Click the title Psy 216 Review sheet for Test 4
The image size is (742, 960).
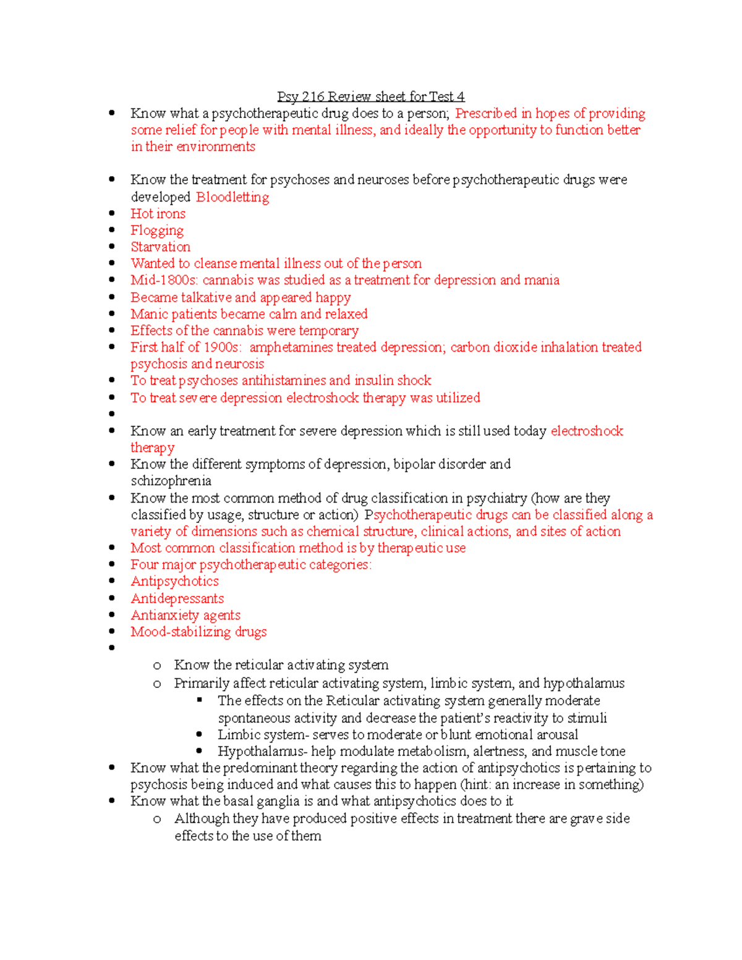coord(370,96)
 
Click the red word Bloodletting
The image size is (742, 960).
coord(232,197)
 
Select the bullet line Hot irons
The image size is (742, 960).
coord(158,214)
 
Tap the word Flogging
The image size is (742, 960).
coord(157,231)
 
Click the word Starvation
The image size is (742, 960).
coord(160,247)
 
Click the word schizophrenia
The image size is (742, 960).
coord(171,481)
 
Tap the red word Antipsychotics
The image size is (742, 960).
coord(174,581)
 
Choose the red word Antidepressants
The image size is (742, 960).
coord(177,598)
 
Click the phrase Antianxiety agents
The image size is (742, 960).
coord(185,615)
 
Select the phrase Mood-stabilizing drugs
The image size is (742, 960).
coord(198,632)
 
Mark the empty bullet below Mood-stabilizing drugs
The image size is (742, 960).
coord(112,648)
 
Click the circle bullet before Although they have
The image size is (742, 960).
coord(157,820)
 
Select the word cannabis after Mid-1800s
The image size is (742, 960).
coord(228,280)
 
